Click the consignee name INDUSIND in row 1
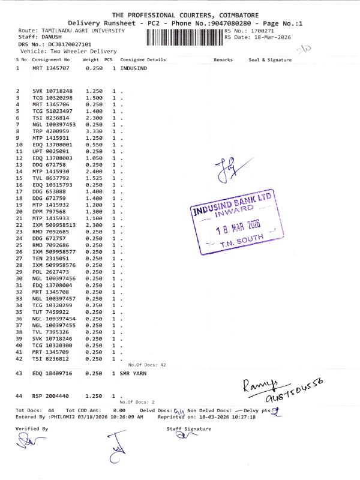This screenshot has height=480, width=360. (133, 68)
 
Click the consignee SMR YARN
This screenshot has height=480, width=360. (133, 373)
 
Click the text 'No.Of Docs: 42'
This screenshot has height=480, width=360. (147, 365)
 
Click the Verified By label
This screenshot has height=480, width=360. (31, 428)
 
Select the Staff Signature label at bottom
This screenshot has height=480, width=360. (189, 428)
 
